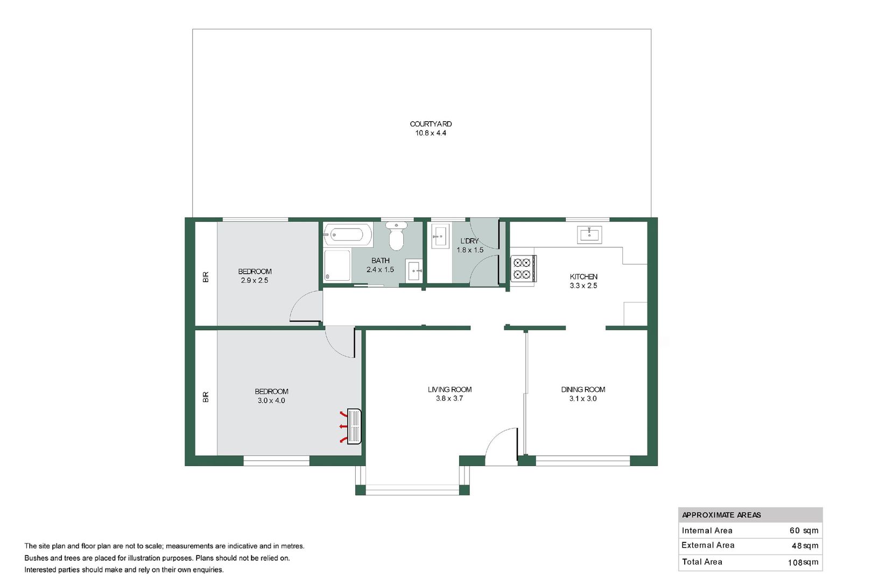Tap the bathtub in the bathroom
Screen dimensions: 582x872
tap(348, 235)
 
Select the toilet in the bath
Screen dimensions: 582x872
tap(397, 237)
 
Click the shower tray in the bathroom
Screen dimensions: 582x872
tap(337, 265)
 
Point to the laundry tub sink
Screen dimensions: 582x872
tap(440, 237)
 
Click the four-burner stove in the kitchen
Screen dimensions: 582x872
tap(522, 268)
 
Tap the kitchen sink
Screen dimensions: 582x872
tap(589, 235)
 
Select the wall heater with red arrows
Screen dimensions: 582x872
tap(354, 426)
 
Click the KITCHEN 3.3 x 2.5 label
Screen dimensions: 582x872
tap(583, 281)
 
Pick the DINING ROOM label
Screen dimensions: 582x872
tap(583, 390)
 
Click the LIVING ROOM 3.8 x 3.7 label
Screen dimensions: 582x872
tap(449, 394)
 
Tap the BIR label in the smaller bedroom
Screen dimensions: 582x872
tap(206, 277)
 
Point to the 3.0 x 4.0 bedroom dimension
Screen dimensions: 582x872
tap(271, 400)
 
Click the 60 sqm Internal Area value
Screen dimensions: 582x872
tap(804, 530)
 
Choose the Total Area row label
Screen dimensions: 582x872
tap(702, 562)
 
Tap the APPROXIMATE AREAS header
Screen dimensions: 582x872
tap(721, 515)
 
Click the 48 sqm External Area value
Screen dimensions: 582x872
tap(805, 545)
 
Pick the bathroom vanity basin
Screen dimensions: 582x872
tap(414, 270)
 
